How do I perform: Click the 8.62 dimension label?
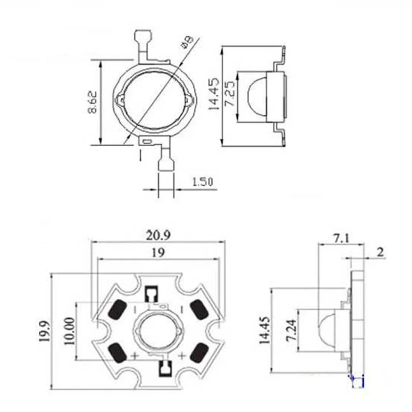tap(92, 102)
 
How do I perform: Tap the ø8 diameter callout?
tap(187, 43)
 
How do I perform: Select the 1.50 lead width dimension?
tap(202, 182)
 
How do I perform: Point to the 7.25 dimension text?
tap(230, 93)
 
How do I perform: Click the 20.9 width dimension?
tap(158, 235)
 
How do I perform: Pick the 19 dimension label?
tap(158, 253)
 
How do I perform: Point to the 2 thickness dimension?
tap(380, 252)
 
